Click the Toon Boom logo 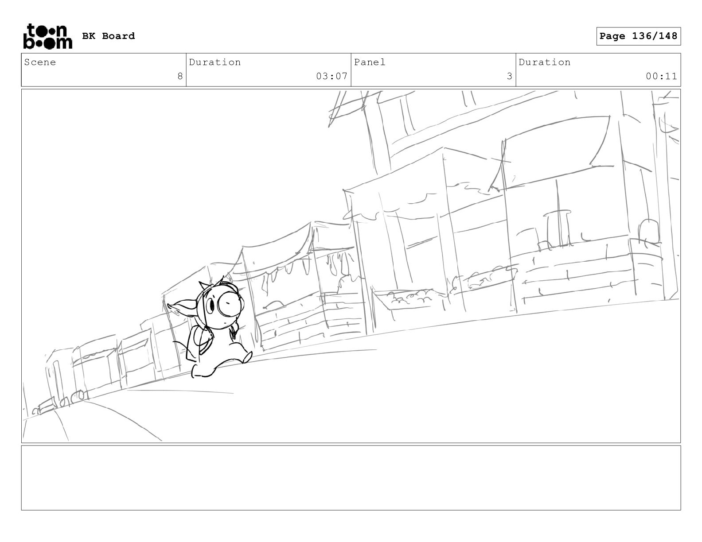48,36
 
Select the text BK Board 109,36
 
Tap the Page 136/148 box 638,36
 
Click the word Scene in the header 40,62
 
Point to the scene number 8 180,76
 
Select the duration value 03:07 332,76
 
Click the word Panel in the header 370,62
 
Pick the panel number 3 510,76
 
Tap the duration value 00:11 661,76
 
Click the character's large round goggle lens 230,303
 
